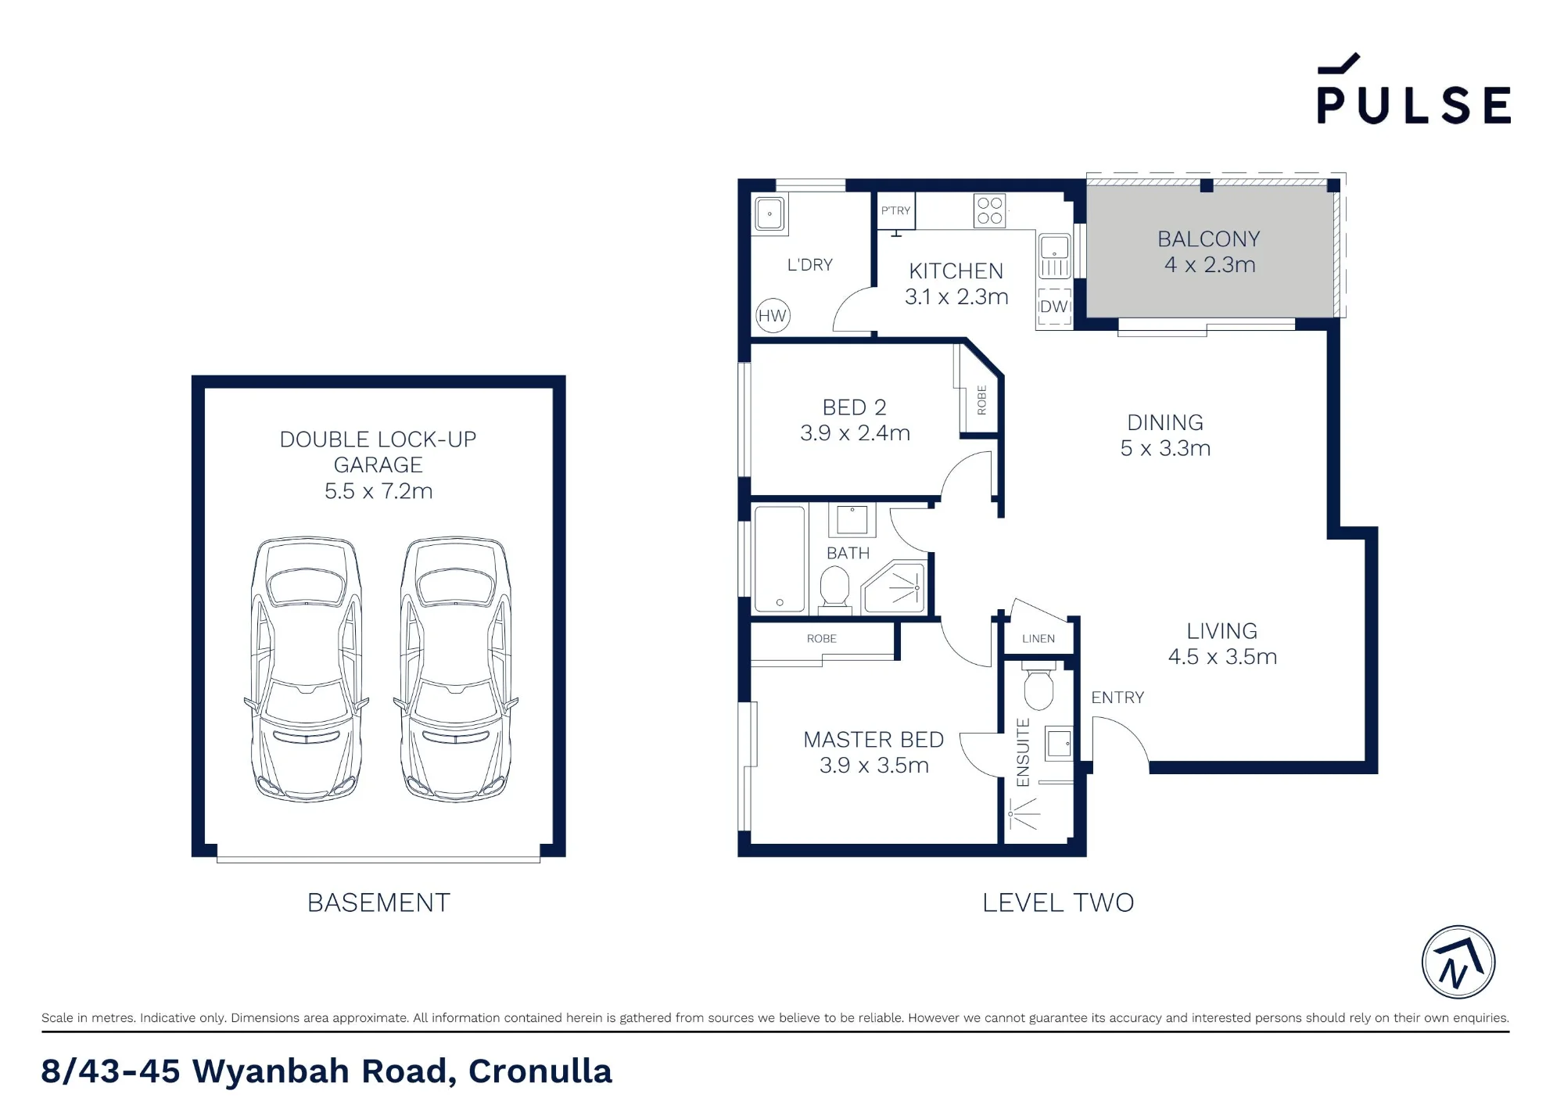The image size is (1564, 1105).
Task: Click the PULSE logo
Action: (1414, 89)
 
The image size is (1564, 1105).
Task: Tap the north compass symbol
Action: (1458, 962)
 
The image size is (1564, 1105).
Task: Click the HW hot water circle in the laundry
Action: (773, 316)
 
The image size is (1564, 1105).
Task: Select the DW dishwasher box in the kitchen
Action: (1054, 307)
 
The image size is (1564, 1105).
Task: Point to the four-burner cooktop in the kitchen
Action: (989, 211)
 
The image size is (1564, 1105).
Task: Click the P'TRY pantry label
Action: (895, 210)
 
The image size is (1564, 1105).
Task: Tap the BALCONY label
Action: (1209, 239)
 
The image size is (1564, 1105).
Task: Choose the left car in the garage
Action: (307, 669)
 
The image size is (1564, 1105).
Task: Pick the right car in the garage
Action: (456, 669)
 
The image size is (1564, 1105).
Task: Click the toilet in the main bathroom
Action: (834, 587)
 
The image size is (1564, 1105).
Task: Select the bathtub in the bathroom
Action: (780, 559)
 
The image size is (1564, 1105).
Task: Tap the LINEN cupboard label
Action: (1038, 639)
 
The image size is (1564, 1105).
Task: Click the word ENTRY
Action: (1117, 698)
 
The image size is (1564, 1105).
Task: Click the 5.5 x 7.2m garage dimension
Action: (378, 491)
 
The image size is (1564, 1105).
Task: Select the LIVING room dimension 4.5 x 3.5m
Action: (1222, 657)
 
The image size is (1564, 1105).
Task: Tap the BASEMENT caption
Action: (378, 903)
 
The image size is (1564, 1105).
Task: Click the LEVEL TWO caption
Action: (1058, 903)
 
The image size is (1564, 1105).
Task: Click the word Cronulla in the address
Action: (540, 1071)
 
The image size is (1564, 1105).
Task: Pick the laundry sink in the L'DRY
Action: (770, 213)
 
